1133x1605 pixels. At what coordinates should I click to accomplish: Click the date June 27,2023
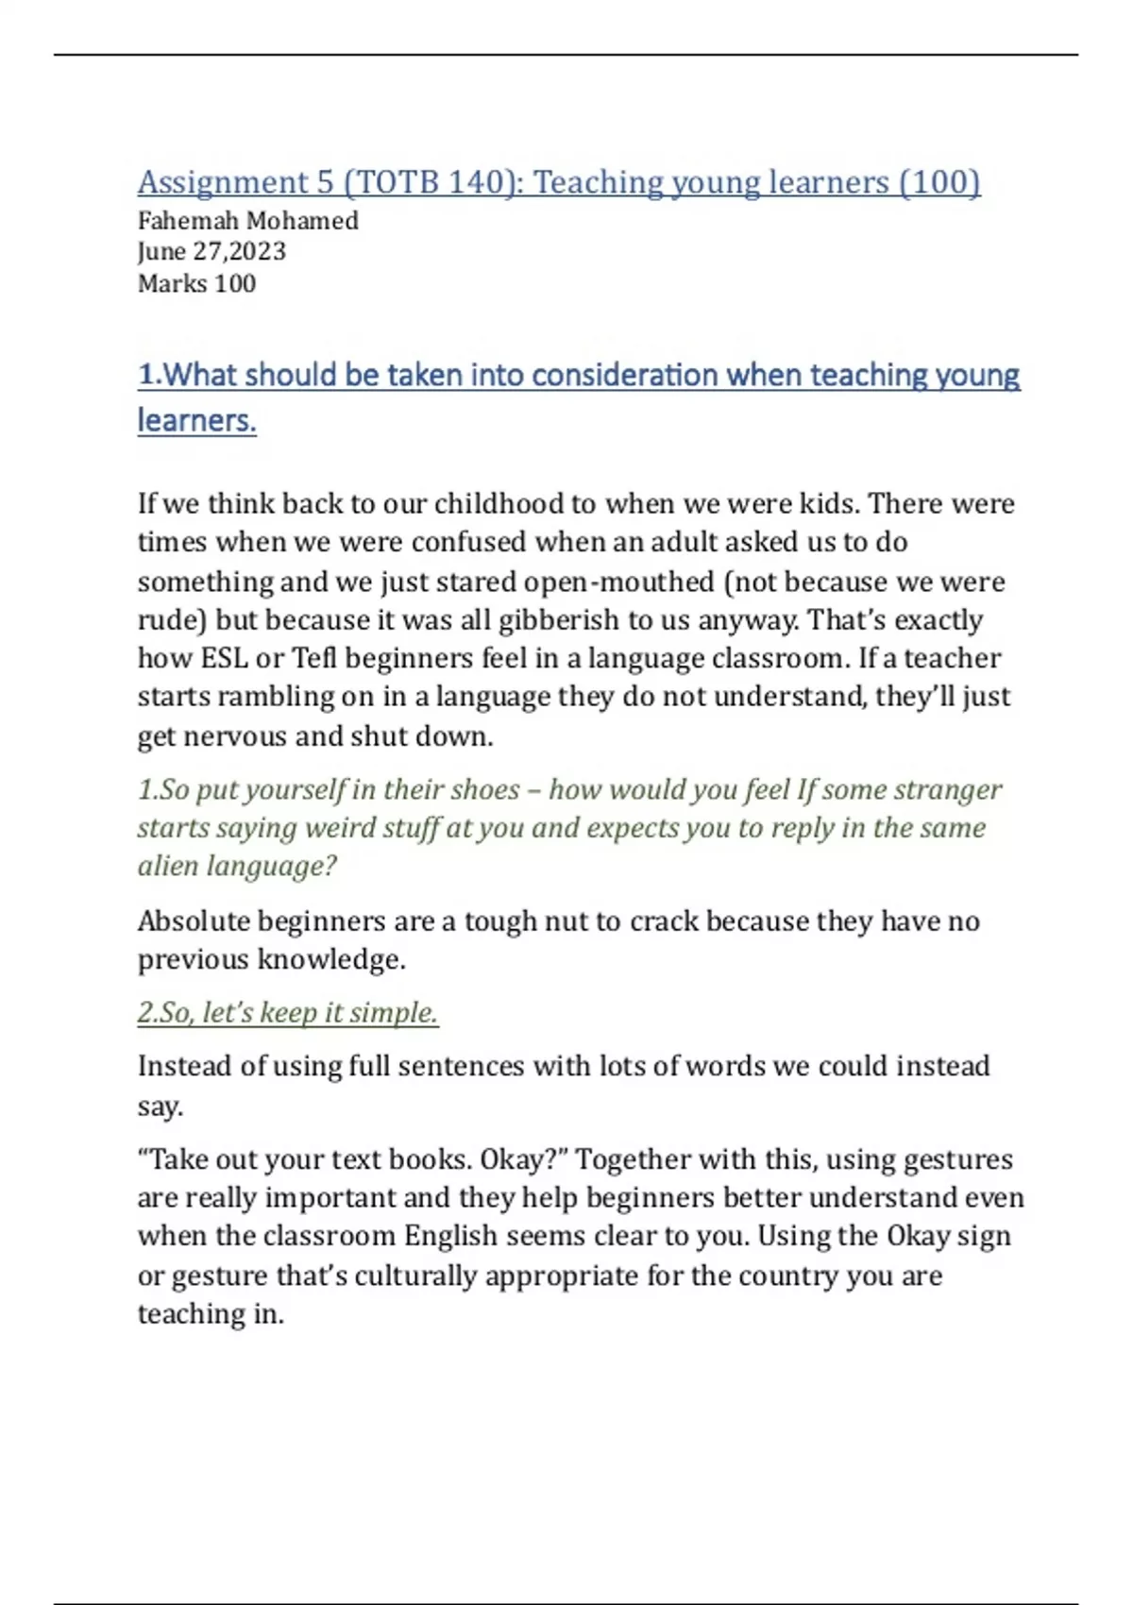(x=211, y=252)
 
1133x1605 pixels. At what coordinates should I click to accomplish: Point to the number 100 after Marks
(x=235, y=283)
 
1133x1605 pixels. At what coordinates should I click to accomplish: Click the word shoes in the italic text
(x=494, y=789)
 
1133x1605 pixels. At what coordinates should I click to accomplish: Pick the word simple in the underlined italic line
(x=394, y=1013)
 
